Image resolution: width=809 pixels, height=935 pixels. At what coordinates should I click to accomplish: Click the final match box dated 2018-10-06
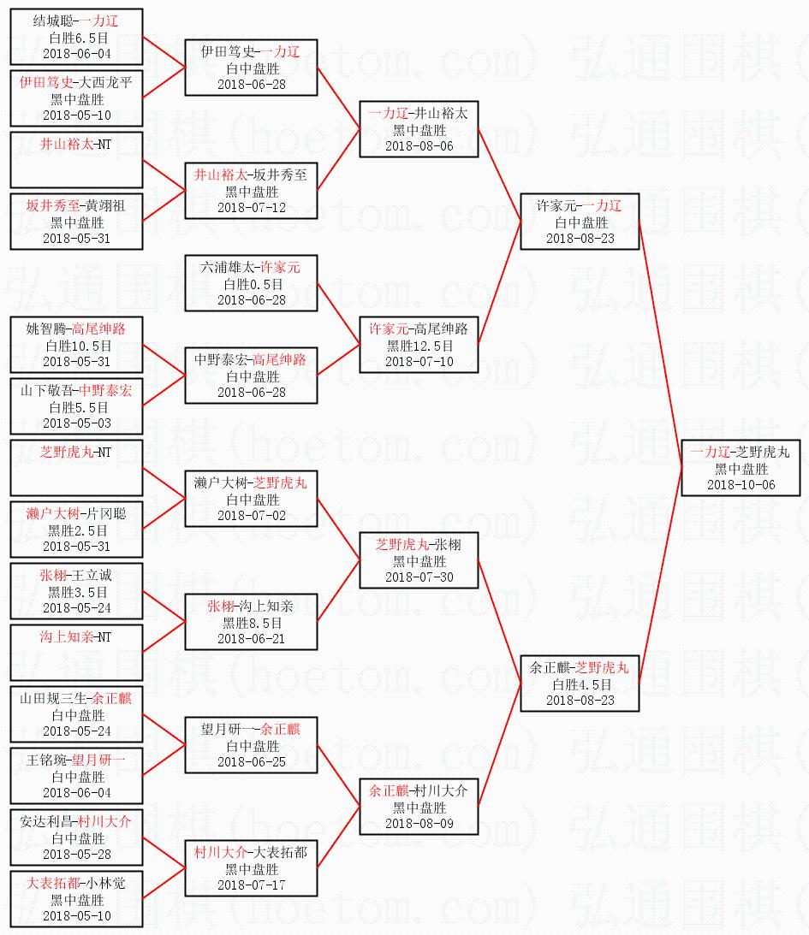(741, 468)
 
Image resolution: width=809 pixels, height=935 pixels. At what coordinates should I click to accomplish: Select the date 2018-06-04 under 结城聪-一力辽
(76, 53)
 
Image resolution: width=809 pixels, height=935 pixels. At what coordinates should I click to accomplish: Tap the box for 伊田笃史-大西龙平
(76, 99)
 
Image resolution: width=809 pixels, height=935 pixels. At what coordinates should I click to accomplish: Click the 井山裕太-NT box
(76, 160)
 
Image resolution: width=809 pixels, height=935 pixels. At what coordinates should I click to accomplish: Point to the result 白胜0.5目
(251, 284)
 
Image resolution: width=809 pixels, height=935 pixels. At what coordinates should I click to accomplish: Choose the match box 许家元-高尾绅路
(418, 345)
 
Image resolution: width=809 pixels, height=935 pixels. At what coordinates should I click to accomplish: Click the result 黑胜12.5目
(419, 346)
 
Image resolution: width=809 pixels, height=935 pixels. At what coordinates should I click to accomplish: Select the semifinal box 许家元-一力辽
(580, 222)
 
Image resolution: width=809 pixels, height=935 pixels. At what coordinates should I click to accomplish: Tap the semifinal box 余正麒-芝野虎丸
(580, 683)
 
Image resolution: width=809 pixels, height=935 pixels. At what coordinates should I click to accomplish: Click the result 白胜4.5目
(580, 684)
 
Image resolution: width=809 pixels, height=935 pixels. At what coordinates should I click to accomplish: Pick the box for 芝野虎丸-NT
(76, 468)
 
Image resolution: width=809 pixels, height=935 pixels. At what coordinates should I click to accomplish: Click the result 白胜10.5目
(76, 346)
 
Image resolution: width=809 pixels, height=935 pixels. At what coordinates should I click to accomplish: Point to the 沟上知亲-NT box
(76, 653)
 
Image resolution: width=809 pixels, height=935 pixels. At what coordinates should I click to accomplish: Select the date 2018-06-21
(251, 638)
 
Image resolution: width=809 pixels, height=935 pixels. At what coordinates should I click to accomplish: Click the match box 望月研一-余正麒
(251, 745)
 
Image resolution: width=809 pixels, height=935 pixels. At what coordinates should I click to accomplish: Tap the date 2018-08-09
(419, 823)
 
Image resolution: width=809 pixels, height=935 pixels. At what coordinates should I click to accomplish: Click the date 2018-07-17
(251, 885)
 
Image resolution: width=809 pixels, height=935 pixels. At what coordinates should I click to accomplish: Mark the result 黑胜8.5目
(251, 623)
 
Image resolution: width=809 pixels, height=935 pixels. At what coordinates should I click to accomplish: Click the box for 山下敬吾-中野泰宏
(76, 406)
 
